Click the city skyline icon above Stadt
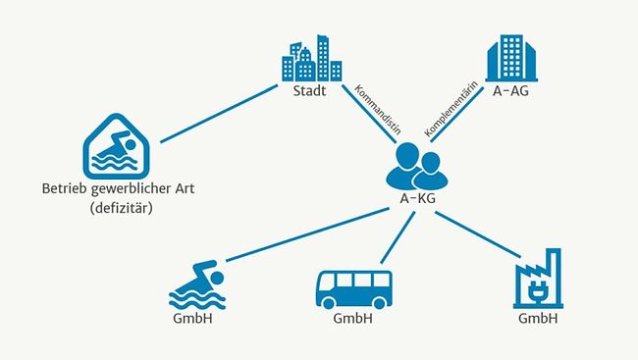coord(311,60)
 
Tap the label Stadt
coord(310,91)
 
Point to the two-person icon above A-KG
coord(417,167)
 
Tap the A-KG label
coord(417,200)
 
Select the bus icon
coord(353,288)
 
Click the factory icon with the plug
coord(537,279)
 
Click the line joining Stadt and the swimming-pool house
coord(218,114)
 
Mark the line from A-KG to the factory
coord(476,235)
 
